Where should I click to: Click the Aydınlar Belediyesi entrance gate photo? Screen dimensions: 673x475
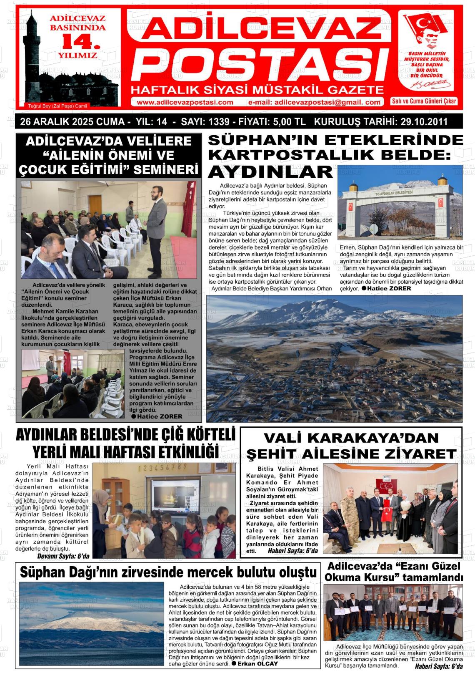click(x=400, y=204)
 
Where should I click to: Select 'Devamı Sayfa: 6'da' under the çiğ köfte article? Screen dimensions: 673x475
click(x=63, y=556)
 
